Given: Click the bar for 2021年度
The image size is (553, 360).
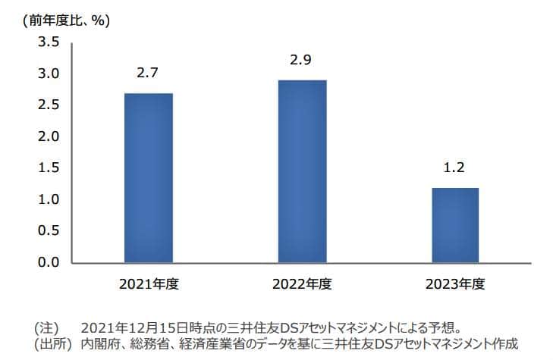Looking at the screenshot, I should click(x=148, y=178).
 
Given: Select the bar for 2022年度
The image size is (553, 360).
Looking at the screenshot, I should click(x=302, y=171).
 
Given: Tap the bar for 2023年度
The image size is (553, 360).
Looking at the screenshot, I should click(x=454, y=225).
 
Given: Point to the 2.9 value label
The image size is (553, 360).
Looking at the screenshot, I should click(x=302, y=60).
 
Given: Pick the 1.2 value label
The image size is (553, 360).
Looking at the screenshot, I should click(x=454, y=168).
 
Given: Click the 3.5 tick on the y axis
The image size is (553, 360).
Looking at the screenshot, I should click(x=49, y=42).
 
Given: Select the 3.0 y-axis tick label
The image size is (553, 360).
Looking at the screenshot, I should click(x=49, y=74).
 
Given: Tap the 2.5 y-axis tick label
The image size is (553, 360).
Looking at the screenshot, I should click(x=49, y=105).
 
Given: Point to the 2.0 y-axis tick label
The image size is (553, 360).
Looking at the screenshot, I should click(x=49, y=136).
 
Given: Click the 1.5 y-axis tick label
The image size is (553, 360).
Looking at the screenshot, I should click(x=49, y=167).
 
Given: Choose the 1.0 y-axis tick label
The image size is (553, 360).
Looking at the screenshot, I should click(x=49, y=199).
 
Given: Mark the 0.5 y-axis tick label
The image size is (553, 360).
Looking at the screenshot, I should click(x=49, y=230).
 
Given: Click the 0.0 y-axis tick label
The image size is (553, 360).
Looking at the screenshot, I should click(x=49, y=262).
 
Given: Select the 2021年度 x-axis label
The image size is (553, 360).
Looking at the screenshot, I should click(x=148, y=285).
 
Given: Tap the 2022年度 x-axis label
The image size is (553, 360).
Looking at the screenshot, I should click(x=302, y=285).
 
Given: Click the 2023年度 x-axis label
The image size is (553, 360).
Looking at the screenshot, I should click(x=454, y=285).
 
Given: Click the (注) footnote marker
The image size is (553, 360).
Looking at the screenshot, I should click(x=46, y=329).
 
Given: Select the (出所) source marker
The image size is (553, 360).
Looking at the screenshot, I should click(x=52, y=345).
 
